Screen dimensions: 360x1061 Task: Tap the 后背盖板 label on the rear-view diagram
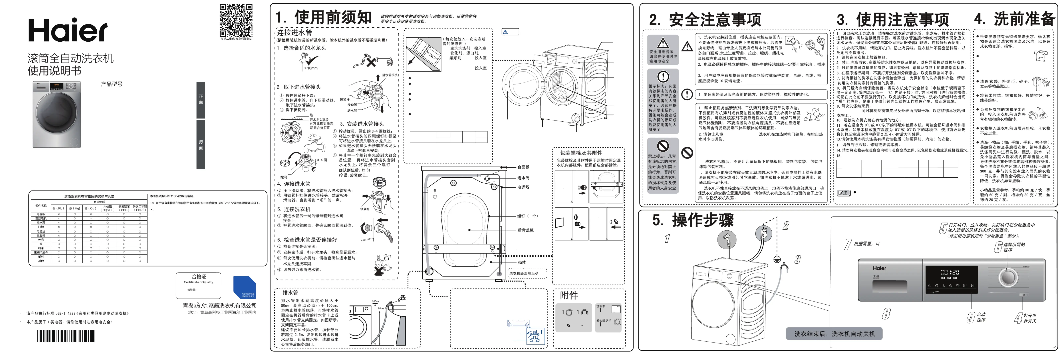(526, 230)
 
